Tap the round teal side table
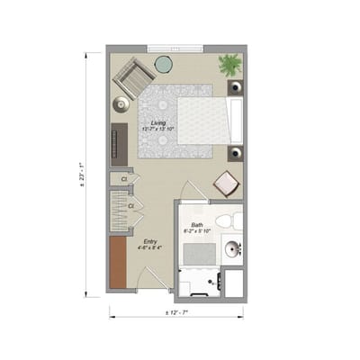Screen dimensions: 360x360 tap(164, 64)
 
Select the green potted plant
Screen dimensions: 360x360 tap(230, 65)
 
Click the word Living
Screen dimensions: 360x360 tap(157, 122)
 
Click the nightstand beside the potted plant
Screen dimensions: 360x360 tap(236, 87)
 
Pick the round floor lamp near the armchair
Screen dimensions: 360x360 tap(121, 104)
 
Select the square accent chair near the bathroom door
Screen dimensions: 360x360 tap(225, 184)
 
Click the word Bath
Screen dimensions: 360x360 tap(196, 224)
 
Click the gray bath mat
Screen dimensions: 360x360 tap(199, 254)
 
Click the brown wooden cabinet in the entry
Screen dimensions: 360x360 tap(118, 262)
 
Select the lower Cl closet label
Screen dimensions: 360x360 tap(130, 207)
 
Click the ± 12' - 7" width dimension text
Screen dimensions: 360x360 tap(176, 312)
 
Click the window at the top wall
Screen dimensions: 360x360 tap(175, 48)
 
